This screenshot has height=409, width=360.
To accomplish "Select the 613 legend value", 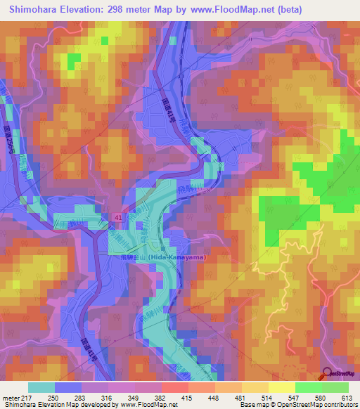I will pyautogui.click(x=346, y=398).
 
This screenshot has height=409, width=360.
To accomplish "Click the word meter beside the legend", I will pyautogui.click(x=11, y=398).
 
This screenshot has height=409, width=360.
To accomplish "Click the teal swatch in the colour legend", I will pyautogui.click(x=41, y=387).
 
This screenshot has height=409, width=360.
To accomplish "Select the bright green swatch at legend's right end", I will pyautogui.click(x=335, y=387).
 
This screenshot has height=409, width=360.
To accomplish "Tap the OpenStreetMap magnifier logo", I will pyautogui.click(x=328, y=375).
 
